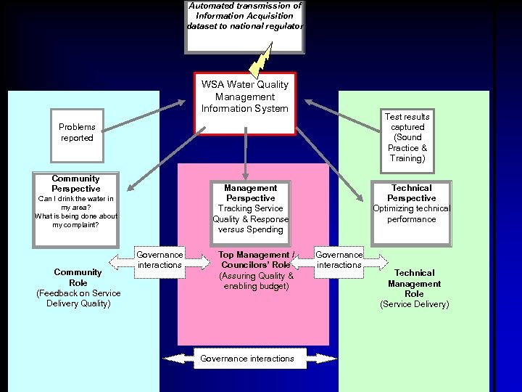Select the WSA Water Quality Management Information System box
(245, 103)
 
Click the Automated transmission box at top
(244, 26)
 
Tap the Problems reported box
(77, 133)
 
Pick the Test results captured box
(407, 137)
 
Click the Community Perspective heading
(76, 184)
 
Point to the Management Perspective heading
(250, 192)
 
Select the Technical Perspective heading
(411, 192)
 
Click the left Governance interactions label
(159, 260)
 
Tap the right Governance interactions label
(339, 260)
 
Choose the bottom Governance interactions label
(247, 359)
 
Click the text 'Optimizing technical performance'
(411, 213)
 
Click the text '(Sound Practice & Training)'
(407, 147)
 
